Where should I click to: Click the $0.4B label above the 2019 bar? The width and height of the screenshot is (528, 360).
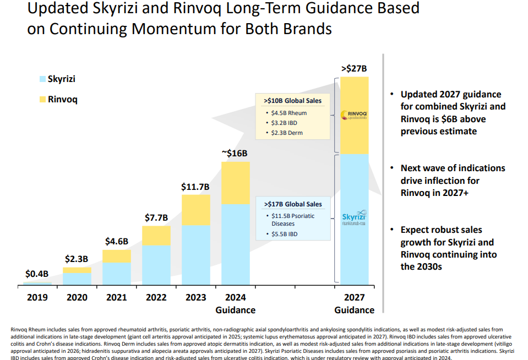pos(37,274)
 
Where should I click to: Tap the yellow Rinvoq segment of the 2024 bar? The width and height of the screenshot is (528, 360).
pos(236,183)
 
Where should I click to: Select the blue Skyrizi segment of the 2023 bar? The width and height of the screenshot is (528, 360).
pos(196,255)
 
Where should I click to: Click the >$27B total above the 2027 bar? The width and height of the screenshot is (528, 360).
pos(354,68)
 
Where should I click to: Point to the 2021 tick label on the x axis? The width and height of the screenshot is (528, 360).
pos(117,297)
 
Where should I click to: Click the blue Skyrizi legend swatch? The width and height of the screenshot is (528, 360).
pos(42,79)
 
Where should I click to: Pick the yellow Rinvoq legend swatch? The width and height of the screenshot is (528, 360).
pos(42,99)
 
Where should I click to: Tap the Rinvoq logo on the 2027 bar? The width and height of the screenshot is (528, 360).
pos(354,115)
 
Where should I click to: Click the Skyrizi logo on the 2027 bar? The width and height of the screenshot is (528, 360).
pos(354,217)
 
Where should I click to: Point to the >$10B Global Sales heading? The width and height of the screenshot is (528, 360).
pos(292,101)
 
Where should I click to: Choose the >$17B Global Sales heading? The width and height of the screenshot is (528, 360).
pos(293,204)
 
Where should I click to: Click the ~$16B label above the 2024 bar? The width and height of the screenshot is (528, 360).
pos(235,153)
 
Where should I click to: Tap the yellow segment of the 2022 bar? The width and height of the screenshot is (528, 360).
pos(156,236)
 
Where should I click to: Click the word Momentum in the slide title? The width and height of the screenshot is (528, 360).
pos(174,29)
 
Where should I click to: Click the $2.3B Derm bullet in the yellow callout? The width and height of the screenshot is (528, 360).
pos(287,133)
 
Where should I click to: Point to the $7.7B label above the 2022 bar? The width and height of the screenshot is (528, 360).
pos(156,217)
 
